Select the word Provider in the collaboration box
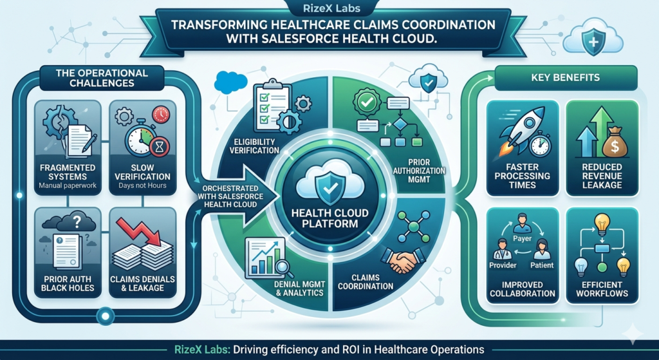click(503, 265)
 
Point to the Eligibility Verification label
click(254, 145)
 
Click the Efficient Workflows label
click(601, 289)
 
